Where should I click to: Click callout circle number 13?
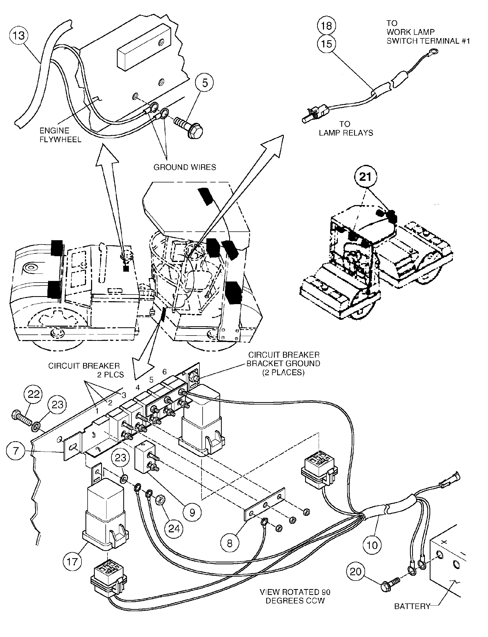tap(19, 36)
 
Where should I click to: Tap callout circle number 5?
tap(205, 83)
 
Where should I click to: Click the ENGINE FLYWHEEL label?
tap(60, 135)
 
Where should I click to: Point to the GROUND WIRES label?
tap(185, 168)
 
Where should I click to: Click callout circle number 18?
tap(326, 26)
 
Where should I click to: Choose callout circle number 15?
tap(326, 44)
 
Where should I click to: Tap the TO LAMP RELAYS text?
tap(346, 128)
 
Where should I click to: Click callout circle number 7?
tap(16, 451)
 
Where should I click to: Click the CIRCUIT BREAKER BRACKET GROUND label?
tap(283, 364)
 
